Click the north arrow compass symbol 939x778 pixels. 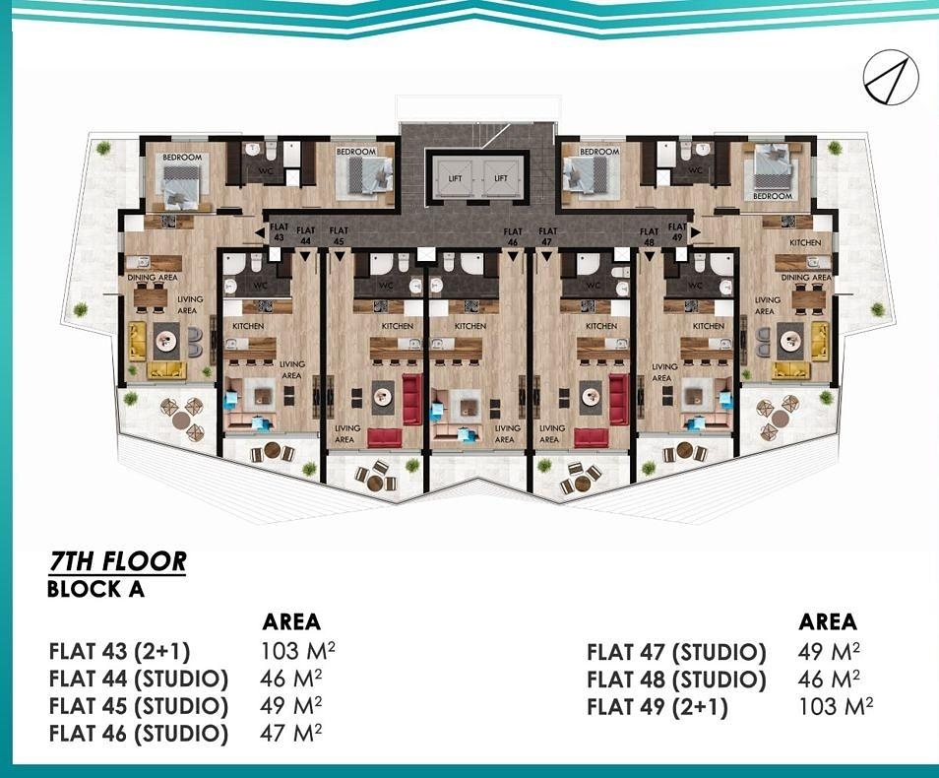point(891,75)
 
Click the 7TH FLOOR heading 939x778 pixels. point(117,562)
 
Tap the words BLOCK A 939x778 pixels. point(95,590)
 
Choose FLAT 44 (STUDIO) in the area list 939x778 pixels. point(138,680)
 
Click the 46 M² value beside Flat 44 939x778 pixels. point(290,679)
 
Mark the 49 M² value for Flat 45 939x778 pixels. point(290,706)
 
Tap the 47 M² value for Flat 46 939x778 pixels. point(290,734)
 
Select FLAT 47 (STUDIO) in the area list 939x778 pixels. point(676,652)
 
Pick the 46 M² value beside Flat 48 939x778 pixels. point(829,679)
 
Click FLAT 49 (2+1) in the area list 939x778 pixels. point(657,707)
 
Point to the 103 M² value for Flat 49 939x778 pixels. point(835,706)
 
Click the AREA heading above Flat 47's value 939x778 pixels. point(828,622)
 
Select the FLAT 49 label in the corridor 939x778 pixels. point(676,232)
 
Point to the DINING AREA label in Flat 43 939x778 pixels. point(152,279)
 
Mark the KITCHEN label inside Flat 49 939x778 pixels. point(805,242)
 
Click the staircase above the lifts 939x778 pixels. point(479,131)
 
